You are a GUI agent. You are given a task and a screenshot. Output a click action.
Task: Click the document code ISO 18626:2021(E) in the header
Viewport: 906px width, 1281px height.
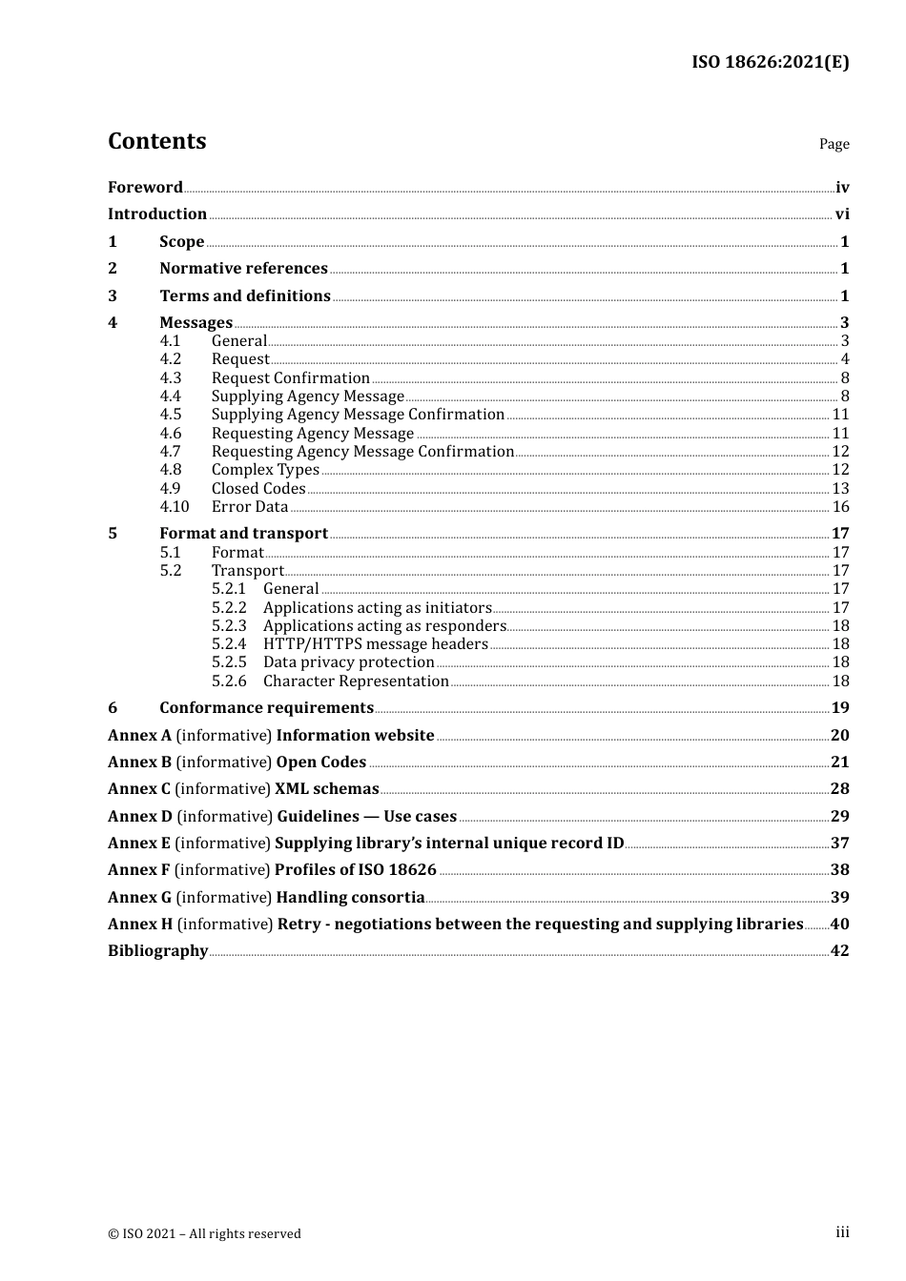click(x=770, y=62)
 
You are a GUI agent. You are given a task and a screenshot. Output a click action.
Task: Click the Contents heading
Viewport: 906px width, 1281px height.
click(x=156, y=141)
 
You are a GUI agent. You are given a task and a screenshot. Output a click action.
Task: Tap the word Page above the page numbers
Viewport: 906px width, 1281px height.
click(x=834, y=144)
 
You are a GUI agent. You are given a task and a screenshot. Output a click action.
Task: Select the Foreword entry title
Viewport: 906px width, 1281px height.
click(x=145, y=188)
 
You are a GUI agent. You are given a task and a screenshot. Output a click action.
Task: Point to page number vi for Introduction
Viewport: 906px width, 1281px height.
click(x=841, y=214)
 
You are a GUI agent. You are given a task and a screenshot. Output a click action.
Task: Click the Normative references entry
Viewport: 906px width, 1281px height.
click(x=243, y=269)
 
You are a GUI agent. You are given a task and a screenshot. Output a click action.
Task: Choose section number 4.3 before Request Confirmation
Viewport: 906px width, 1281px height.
click(x=171, y=378)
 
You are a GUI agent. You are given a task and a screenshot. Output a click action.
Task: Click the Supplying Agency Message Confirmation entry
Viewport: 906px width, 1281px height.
click(x=358, y=415)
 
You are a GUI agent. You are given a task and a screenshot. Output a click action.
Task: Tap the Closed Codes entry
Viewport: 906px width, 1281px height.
click(x=258, y=489)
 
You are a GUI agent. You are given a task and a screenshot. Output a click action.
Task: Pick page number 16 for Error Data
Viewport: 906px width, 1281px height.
click(x=840, y=507)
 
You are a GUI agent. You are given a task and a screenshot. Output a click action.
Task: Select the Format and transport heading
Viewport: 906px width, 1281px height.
click(x=243, y=534)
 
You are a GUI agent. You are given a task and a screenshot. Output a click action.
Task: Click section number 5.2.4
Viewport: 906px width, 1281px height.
click(x=229, y=644)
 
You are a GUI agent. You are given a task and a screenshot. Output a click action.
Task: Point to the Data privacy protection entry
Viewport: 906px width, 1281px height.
click(x=348, y=662)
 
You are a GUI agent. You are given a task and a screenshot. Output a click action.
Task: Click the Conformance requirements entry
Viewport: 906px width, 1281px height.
click(x=266, y=708)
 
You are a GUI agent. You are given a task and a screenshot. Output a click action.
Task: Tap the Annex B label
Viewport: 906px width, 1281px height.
click(x=139, y=762)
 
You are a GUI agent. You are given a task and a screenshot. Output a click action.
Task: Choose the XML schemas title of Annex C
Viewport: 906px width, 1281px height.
click(x=326, y=789)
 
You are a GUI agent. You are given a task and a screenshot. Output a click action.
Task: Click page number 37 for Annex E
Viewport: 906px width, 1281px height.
click(x=839, y=844)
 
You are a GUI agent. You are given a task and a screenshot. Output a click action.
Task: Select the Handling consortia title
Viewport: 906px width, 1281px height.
click(x=350, y=898)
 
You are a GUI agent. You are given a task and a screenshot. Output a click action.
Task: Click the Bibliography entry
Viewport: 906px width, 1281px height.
click(x=157, y=951)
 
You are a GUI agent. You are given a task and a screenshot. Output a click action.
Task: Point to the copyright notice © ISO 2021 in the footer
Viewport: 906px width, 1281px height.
click(x=204, y=1234)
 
